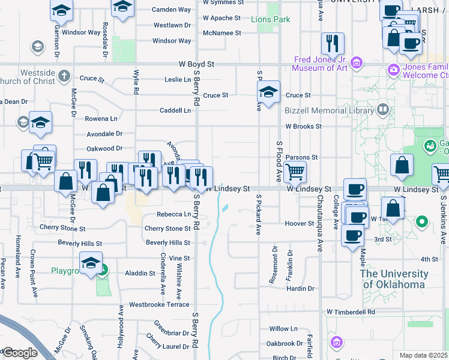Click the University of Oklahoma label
pos(394,279)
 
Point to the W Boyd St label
pos(196,64)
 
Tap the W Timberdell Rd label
pos(351,312)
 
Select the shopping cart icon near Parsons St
pos(295,172)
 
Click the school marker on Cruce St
pos(268,92)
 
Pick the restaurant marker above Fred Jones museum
pos(332,43)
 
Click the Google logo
pos(19,353)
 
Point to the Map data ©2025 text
pos(424,355)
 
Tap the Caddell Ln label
pos(175,110)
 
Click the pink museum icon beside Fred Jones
pos(357,62)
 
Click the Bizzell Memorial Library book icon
pos(382,110)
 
